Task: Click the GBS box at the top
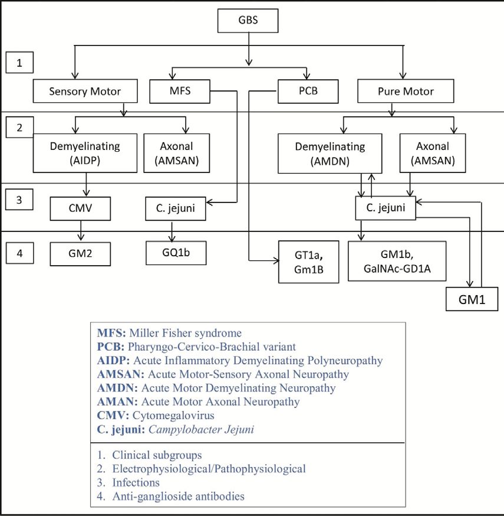click(x=248, y=21)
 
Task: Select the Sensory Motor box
click(x=85, y=92)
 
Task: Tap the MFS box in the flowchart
click(x=179, y=92)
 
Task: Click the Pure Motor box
click(x=405, y=92)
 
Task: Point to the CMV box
click(x=80, y=208)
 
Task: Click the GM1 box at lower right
click(x=471, y=299)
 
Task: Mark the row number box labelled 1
click(x=19, y=63)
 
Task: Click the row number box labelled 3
click(x=19, y=199)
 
